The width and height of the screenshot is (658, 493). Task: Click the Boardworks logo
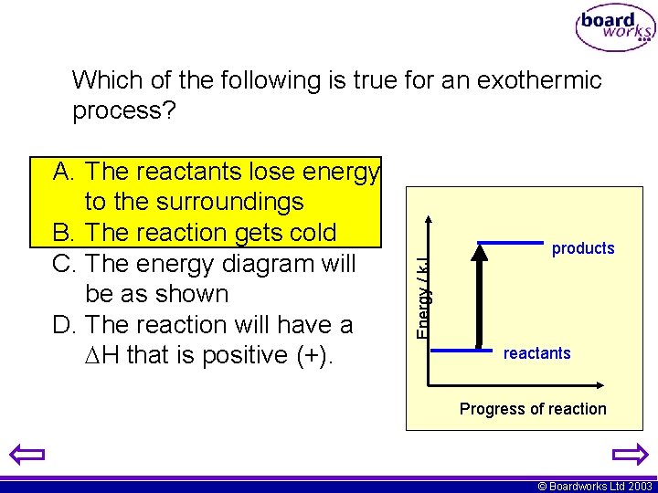pos(614,28)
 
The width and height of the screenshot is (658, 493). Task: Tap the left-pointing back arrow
pos(28,454)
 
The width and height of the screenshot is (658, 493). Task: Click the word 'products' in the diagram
pos(583,248)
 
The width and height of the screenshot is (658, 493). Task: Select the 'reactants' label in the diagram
pos(536,353)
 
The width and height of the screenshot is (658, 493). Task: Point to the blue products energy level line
pos(510,243)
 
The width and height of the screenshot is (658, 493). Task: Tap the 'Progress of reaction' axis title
pos(533,409)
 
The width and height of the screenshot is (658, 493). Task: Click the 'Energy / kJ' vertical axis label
pos(422,298)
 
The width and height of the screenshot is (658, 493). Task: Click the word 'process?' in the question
pos(124,111)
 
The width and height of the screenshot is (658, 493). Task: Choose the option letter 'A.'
pos(67,172)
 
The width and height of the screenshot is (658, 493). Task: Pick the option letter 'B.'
pos(67,233)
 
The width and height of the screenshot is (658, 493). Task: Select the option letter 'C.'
pos(67,264)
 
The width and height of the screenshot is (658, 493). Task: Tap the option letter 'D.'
pos(67,325)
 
